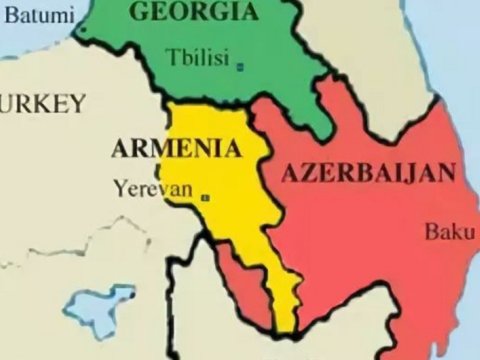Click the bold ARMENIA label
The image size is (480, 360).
(176, 150)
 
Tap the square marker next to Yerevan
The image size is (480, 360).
(206, 197)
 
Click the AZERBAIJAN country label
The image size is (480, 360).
(363, 173)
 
